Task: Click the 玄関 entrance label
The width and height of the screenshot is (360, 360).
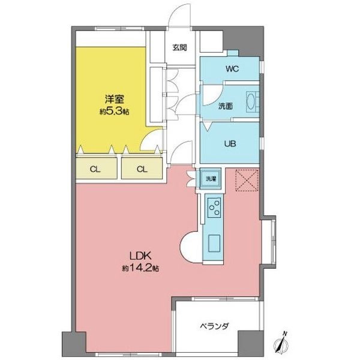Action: [179, 47]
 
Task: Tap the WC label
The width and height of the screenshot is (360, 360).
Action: [232, 68]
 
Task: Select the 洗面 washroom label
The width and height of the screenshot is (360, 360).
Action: [226, 106]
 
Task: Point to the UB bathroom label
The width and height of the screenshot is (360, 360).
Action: [230, 144]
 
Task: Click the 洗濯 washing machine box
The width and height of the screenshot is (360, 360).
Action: [211, 179]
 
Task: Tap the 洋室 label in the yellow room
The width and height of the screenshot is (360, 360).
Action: [115, 99]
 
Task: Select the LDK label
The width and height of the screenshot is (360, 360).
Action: [140, 256]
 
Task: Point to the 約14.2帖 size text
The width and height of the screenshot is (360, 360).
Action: [140, 268]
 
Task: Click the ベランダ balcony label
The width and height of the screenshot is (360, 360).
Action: [214, 326]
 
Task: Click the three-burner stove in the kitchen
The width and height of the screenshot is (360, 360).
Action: [214, 208]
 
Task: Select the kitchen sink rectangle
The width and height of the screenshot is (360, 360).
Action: [214, 243]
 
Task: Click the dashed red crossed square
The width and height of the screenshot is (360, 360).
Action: [247, 180]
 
